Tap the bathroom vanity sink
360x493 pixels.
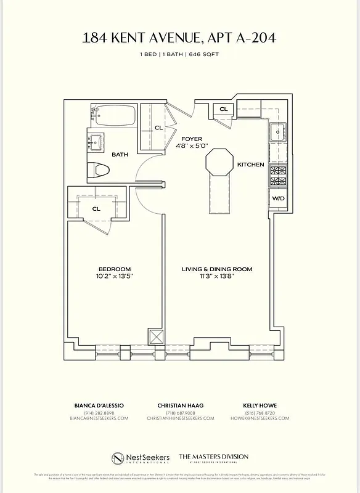pyautogui.click(x=96, y=142)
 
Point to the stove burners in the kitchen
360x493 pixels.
pyautogui.click(x=277, y=176)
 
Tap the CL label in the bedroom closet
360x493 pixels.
pyautogui.click(x=96, y=209)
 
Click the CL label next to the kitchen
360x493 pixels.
pyautogui.click(x=223, y=110)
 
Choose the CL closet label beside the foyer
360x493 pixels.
pyautogui.click(x=158, y=128)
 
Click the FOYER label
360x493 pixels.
pyautogui.click(x=192, y=139)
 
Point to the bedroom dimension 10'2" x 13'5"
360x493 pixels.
pyautogui.click(x=115, y=277)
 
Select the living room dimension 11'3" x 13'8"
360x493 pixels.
pyautogui.click(x=216, y=277)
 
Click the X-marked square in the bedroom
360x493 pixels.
pyautogui.click(x=154, y=338)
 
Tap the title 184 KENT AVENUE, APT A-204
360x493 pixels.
pyautogui.click(x=179, y=38)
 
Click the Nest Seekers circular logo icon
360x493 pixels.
pyautogui.click(x=119, y=458)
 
